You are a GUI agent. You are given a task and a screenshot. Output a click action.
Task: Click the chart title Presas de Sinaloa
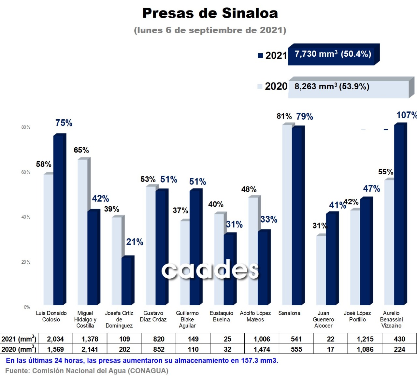pos(210,13)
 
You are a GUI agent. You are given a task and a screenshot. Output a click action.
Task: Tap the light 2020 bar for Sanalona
pos(287,215)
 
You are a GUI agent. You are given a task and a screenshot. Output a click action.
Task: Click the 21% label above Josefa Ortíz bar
pos(135,242)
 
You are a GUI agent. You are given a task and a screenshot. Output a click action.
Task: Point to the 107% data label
pos(406,115)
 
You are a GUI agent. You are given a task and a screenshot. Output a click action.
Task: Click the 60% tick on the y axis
pos(26,172)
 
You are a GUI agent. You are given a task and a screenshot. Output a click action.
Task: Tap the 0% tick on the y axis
pos(27,307)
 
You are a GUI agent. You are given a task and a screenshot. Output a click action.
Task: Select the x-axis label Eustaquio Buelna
pos(221,316)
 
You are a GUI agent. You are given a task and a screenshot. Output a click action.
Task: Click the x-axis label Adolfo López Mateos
pos(255,316)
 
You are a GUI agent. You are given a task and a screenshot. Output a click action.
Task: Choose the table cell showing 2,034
pos(55,339)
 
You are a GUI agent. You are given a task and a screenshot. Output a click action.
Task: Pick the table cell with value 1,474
pos(262,349)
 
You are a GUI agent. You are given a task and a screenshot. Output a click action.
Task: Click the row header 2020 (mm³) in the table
pos(19,349)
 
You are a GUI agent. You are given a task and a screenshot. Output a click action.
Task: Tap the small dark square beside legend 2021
pos(260,55)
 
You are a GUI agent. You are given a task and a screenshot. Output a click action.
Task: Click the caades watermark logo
pos(210,270)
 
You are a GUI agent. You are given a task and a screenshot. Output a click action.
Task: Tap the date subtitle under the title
pos(210,30)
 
